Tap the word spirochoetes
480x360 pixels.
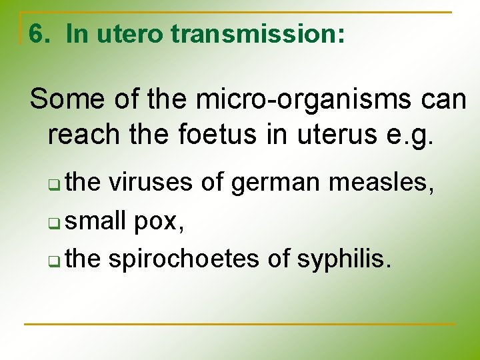click(183, 258)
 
